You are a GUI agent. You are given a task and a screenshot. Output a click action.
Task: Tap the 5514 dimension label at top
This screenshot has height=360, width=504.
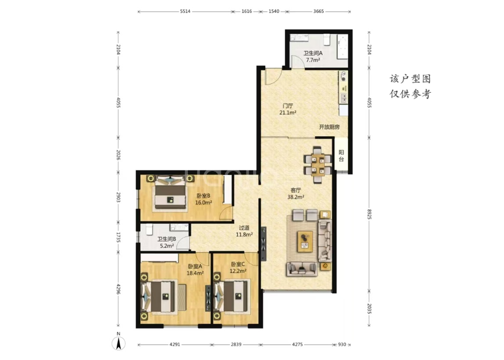185,12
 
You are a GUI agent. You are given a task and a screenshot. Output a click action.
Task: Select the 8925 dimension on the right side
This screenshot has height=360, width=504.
369,215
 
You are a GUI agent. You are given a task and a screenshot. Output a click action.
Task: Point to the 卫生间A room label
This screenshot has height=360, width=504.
313,53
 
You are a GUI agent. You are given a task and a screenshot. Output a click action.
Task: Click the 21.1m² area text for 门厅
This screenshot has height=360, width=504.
288,112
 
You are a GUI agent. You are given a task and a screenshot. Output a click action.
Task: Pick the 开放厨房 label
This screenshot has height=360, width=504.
329,127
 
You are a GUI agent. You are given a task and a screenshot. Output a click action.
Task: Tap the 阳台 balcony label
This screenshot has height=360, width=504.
341,156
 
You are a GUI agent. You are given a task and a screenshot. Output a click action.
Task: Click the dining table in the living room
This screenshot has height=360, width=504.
318,164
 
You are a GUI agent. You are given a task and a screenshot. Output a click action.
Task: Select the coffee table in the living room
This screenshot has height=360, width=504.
305,242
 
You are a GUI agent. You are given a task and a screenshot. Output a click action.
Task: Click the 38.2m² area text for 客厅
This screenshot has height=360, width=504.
296,197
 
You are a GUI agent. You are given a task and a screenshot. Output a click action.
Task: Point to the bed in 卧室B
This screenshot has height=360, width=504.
170,193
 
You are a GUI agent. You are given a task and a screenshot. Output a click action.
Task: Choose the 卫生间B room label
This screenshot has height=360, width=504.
166,239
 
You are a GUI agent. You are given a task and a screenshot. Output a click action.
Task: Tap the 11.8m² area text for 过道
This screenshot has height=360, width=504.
245,235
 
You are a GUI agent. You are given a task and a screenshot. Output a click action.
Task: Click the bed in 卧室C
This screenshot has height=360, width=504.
232,296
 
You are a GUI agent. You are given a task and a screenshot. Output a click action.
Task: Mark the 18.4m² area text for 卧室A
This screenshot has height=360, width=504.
195,273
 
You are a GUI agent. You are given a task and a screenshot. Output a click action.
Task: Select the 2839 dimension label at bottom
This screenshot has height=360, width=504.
236,344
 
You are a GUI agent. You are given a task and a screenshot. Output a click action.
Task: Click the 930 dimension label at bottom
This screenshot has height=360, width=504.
342,344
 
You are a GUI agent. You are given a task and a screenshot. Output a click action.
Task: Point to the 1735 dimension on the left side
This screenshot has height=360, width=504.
119,238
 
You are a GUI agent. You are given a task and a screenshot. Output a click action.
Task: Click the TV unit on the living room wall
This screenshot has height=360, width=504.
264,244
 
